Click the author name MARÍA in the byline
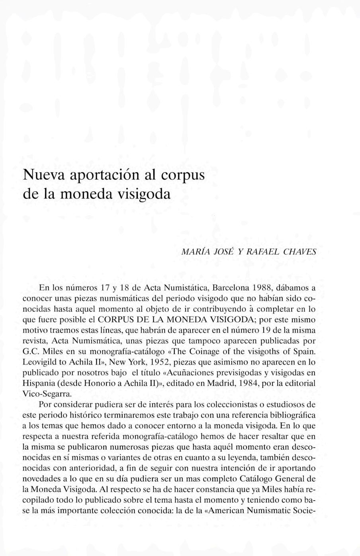point(194,252)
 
